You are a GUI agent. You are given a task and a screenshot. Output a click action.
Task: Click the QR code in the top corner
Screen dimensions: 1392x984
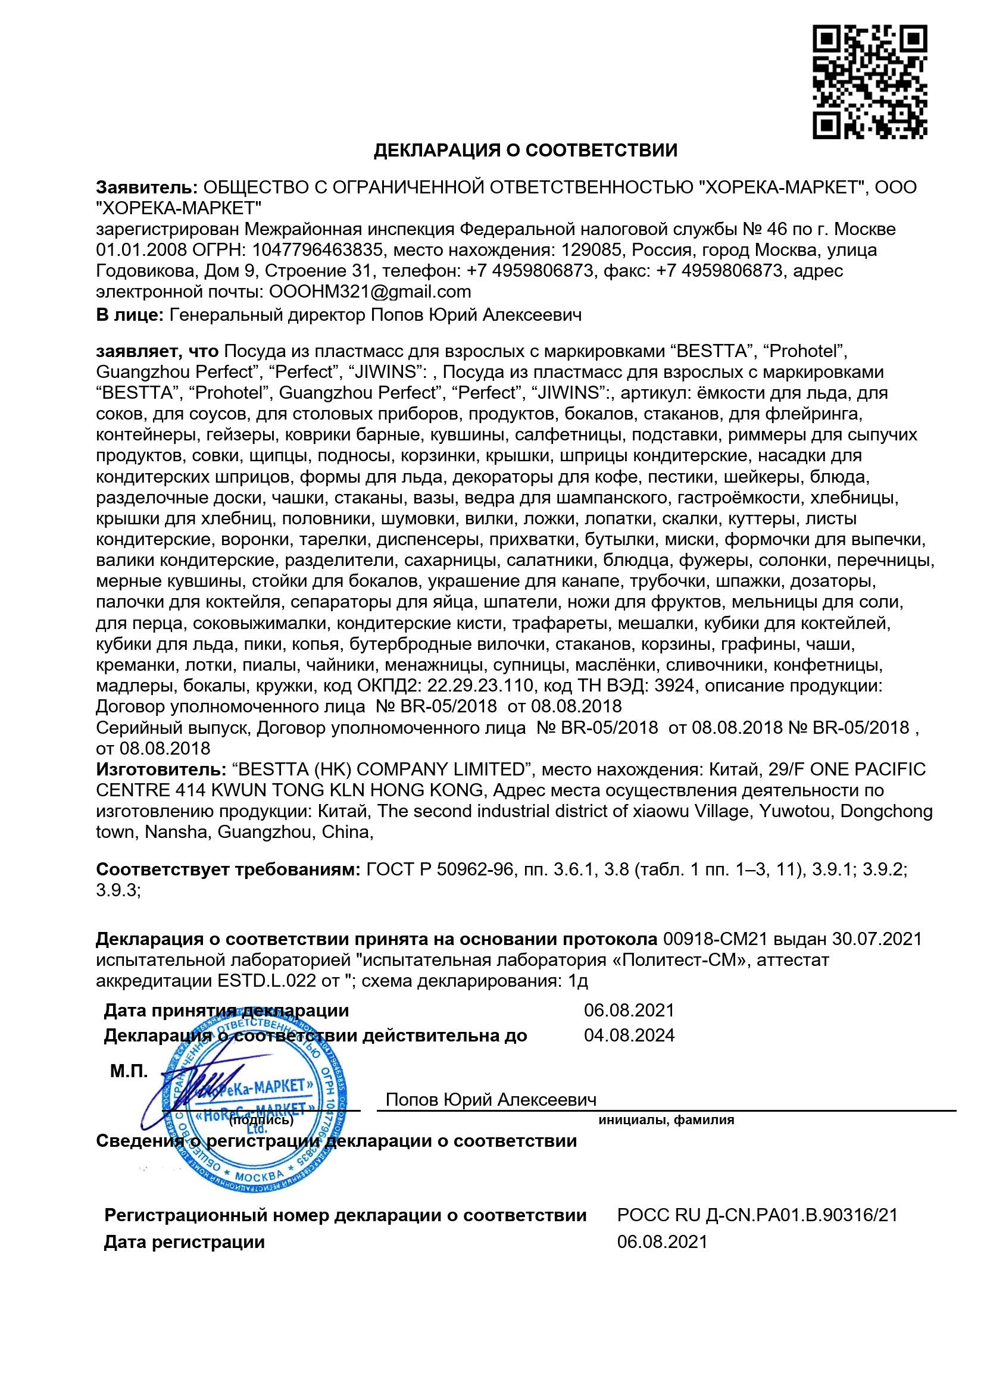pos(870,82)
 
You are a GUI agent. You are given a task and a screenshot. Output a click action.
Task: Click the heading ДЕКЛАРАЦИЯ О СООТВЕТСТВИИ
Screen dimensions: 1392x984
pos(525,151)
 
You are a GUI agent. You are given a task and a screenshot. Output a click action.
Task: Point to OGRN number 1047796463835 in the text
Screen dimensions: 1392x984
pos(317,250)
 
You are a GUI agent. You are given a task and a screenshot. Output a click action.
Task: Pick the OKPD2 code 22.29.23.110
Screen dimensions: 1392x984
pos(481,686)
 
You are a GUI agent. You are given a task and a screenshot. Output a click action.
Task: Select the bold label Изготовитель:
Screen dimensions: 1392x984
pos(161,769)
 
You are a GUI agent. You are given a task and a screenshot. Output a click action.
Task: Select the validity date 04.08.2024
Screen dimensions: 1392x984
pos(629,1035)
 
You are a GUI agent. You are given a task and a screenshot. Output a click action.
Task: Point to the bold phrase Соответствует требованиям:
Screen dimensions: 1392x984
pos(229,869)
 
